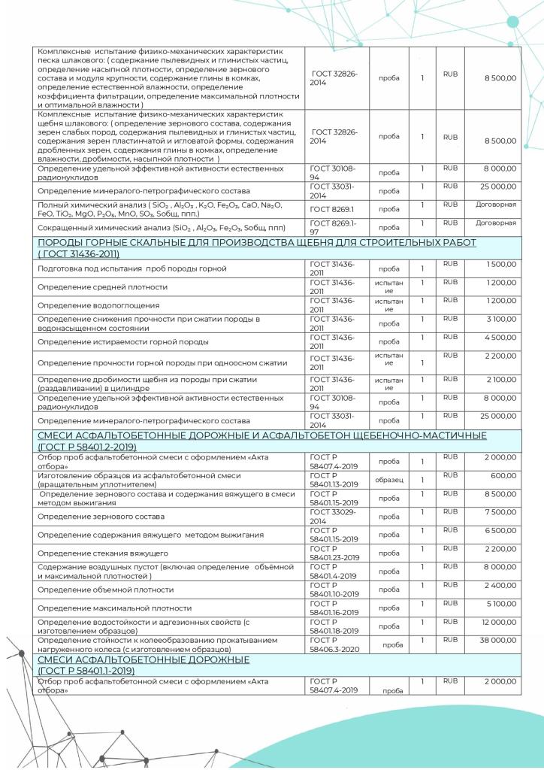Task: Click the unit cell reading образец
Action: click(389, 480)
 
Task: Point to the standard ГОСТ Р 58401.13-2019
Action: click(334, 480)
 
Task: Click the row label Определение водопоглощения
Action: click(98, 305)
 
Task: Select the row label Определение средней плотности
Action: click(104, 287)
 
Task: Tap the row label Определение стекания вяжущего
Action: click(102, 553)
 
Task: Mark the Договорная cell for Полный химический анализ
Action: click(496, 204)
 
